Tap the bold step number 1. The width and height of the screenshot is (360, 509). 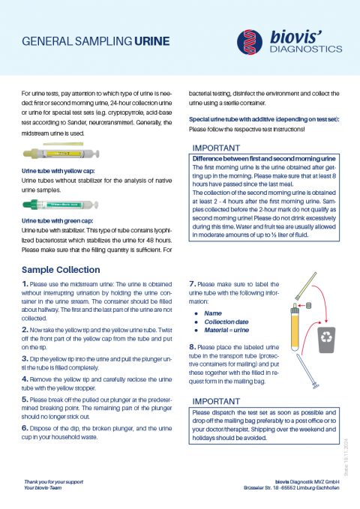point(25,284)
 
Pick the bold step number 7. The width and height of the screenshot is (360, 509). point(193,284)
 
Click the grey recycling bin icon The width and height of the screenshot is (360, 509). point(325,338)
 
